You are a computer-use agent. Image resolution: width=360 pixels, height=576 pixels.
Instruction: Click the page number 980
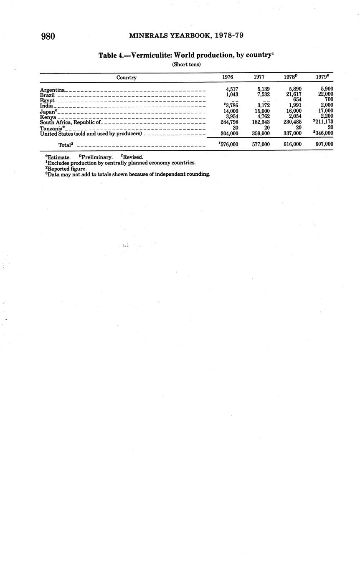click(48, 36)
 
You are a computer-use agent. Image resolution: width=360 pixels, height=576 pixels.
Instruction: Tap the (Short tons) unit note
click(186, 64)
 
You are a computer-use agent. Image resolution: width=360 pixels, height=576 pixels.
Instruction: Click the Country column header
click(126, 77)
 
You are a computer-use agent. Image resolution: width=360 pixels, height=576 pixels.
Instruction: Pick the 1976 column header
click(228, 77)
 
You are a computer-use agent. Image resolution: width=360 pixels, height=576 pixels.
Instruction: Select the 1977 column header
click(259, 77)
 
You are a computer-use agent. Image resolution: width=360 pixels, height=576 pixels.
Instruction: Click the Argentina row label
click(52, 90)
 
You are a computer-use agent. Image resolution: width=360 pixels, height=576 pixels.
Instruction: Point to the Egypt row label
click(47, 101)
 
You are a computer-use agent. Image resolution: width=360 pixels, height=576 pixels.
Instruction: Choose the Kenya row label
click(48, 117)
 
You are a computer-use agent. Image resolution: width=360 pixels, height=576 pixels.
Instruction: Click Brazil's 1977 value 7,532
click(263, 95)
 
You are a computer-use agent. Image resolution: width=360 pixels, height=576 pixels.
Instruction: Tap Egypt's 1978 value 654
click(297, 100)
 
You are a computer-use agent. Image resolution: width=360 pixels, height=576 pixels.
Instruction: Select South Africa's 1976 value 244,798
click(229, 122)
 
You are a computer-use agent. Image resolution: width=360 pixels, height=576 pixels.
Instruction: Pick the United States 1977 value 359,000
click(261, 134)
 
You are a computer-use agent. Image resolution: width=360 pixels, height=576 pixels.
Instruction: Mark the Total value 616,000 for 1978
click(292, 144)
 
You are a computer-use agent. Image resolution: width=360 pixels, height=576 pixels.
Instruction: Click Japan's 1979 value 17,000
click(325, 111)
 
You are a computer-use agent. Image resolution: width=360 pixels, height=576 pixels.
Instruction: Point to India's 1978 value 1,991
click(295, 106)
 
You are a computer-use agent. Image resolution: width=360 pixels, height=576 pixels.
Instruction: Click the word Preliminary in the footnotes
click(97, 157)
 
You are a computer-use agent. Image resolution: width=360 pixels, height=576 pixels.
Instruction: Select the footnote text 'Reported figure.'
click(67, 169)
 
